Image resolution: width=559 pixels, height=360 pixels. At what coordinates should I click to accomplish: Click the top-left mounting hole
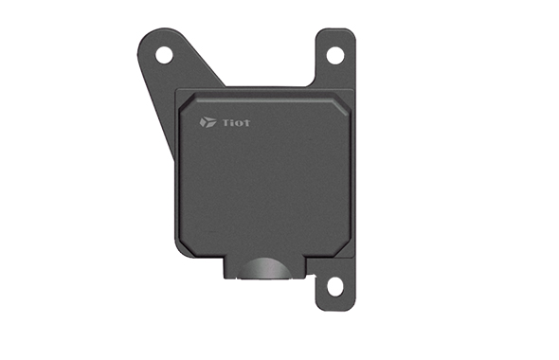click(164, 55)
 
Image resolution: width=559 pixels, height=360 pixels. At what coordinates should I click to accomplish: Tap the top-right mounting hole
click(335, 56)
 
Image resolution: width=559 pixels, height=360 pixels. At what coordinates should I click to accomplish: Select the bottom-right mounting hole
click(334, 286)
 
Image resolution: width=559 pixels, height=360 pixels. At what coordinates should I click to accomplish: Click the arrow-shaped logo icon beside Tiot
click(207, 122)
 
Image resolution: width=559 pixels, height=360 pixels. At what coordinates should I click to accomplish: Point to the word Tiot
click(236, 122)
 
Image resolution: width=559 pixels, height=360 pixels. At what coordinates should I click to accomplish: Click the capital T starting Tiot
click(226, 122)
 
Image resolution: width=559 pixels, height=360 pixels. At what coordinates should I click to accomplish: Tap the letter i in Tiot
click(233, 123)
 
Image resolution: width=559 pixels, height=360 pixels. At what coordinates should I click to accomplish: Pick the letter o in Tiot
click(239, 124)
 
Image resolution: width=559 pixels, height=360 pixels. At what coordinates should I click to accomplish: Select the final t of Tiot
click(246, 123)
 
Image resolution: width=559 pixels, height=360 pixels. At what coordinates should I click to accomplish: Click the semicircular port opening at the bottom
click(263, 268)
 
